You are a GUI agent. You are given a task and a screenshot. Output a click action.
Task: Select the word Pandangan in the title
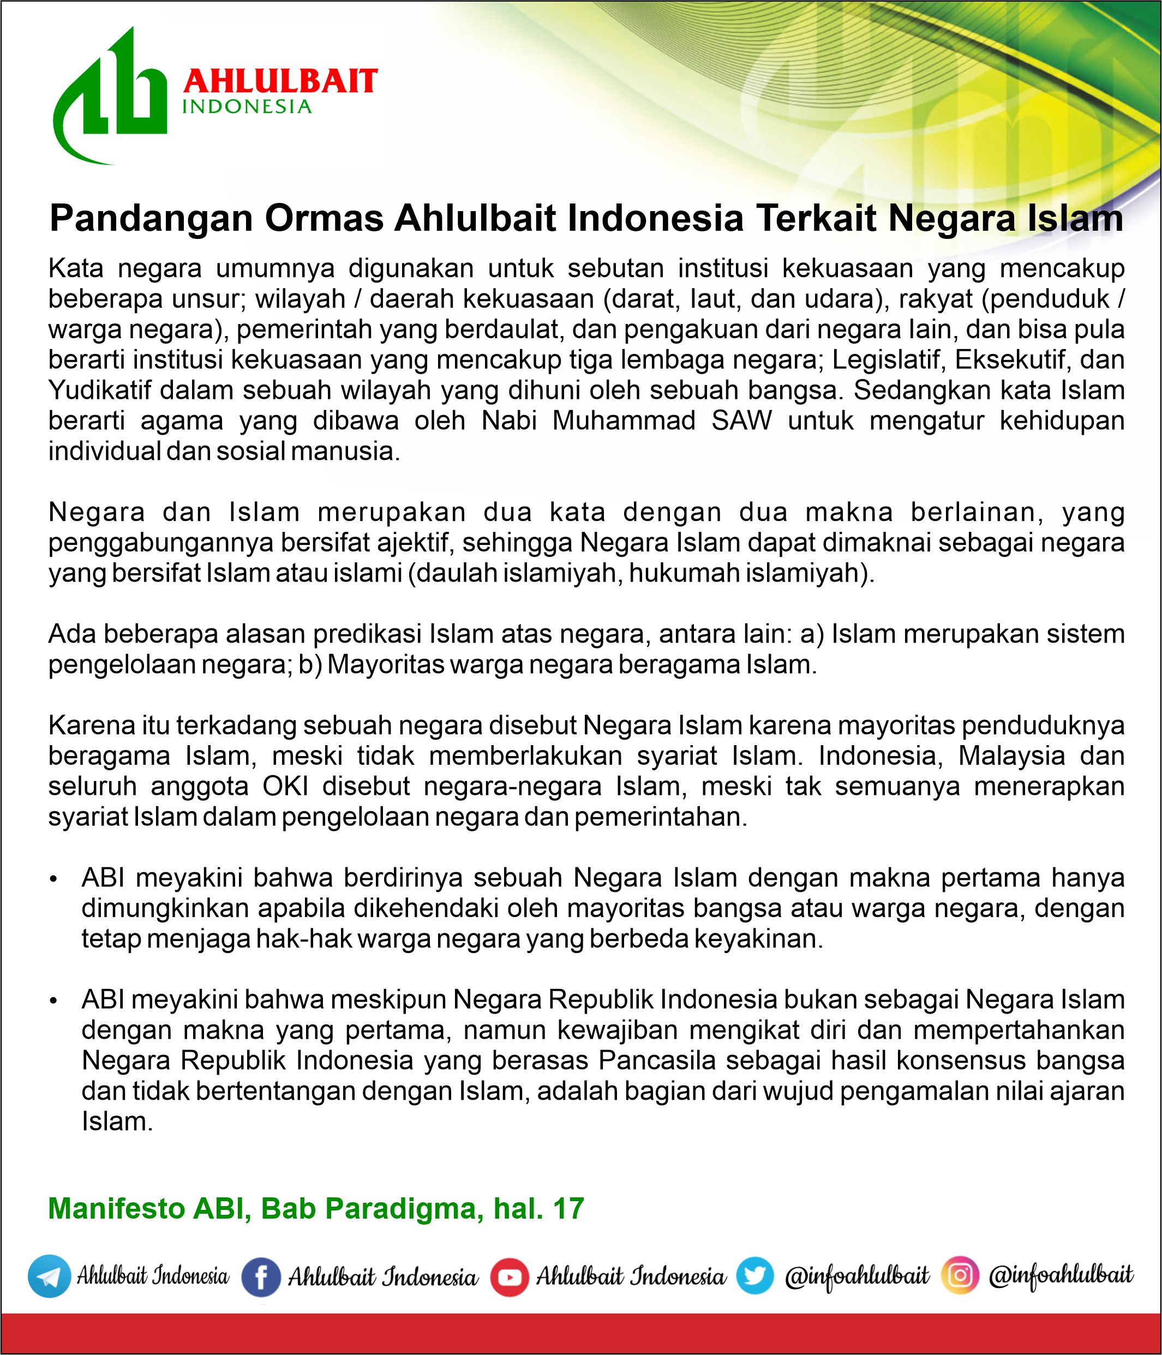coord(151,218)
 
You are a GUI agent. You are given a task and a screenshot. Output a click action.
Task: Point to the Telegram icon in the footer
coord(49,1276)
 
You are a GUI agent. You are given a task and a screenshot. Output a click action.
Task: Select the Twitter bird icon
coord(754,1276)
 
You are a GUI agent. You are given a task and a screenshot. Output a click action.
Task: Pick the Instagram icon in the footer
coord(960,1275)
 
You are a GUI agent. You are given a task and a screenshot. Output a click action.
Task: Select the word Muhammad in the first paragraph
coord(624,421)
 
